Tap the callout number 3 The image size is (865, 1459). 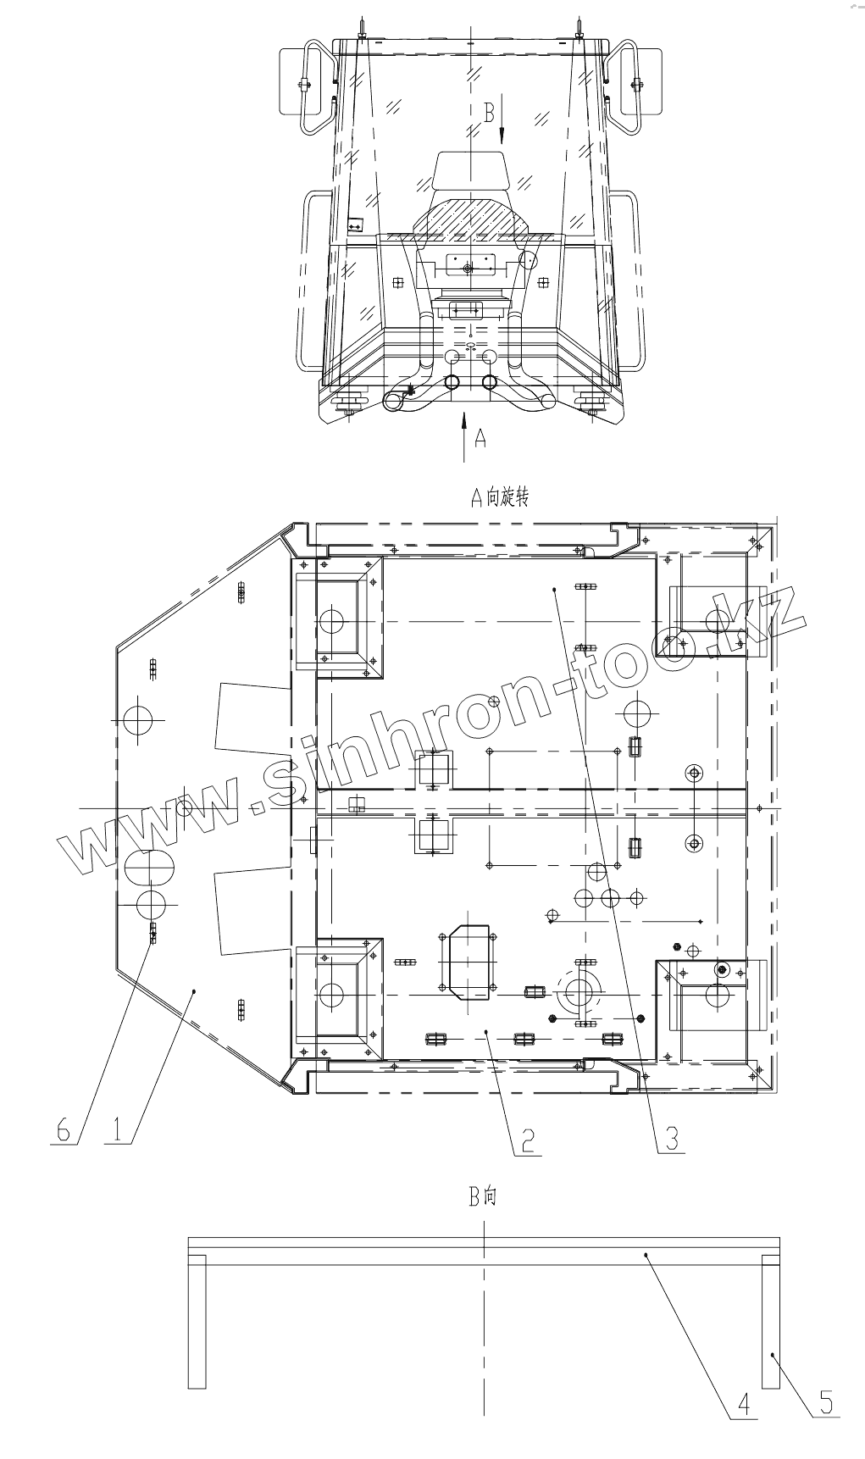pos(671,1137)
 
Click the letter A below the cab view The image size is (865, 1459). pos(480,437)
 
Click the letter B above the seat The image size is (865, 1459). pos(488,112)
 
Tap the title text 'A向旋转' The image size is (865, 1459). pos(500,497)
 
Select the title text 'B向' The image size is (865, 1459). pos(483,1196)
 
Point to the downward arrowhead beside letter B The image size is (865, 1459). pos(502,136)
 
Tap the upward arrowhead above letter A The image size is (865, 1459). pos(463,416)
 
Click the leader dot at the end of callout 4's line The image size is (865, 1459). pos(646,1253)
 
